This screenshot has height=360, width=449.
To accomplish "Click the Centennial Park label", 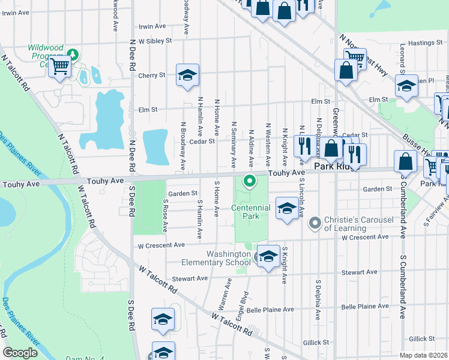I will click(251, 212).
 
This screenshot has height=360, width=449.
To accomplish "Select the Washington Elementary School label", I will click(228, 258).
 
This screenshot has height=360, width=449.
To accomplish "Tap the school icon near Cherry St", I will click(187, 76).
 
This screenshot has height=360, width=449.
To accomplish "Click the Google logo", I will click(20, 353).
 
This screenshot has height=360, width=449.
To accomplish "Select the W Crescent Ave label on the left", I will click(161, 245).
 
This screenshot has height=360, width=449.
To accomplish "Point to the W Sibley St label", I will click(155, 41).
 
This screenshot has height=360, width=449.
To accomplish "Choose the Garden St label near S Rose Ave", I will click(182, 193).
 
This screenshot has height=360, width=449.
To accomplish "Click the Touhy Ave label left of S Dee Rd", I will click(105, 180).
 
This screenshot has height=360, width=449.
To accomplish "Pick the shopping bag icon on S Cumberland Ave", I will click(405, 161).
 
